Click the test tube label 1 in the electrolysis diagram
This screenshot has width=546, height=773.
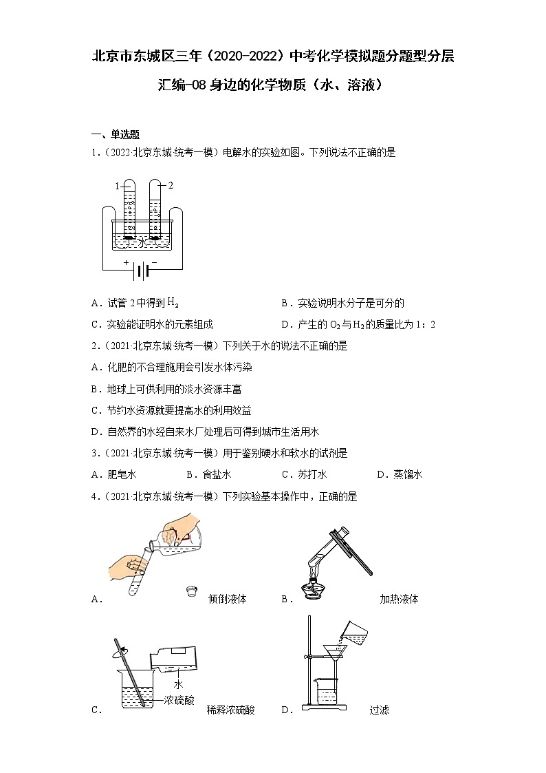tap(117, 186)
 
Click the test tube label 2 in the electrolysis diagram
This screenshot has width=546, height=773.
tap(171, 185)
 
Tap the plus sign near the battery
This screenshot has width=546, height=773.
tap(126, 262)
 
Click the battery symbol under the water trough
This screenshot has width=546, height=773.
tap(140, 271)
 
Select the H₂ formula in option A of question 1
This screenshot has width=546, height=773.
tap(173, 303)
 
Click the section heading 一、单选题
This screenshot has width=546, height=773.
tap(116, 134)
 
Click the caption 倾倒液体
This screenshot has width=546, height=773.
tap(227, 599)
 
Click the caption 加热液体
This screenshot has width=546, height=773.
tap(399, 599)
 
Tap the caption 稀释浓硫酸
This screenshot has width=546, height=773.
tap(230, 710)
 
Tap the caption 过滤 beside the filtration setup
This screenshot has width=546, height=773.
tap(379, 710)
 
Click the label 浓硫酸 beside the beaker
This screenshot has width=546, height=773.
tap(179, 701)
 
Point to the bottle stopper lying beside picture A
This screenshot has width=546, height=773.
tap(192, 591)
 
